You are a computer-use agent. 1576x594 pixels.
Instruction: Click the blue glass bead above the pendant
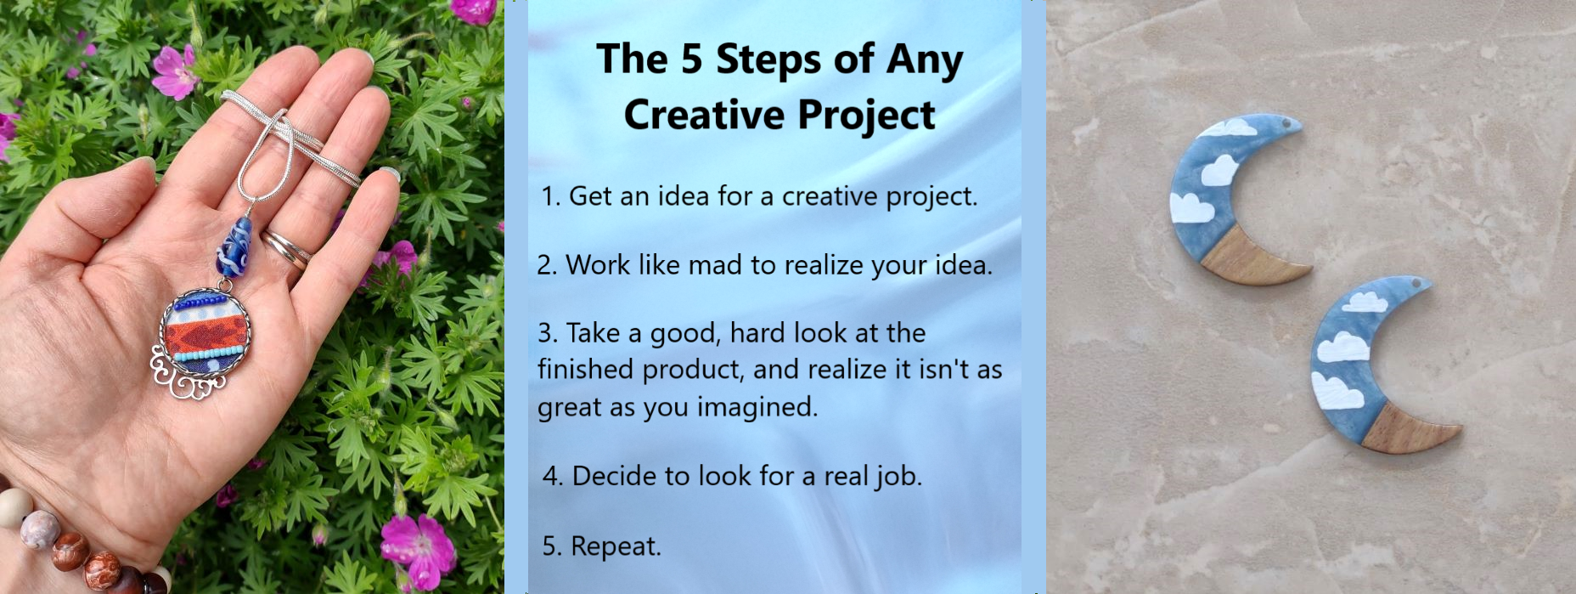(x=233, y=245)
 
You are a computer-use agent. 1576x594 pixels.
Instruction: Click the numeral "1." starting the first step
(x=550, y=197)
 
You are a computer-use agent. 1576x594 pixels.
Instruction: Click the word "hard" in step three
(x=757, y=333)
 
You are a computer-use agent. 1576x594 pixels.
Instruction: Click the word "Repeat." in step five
(x=616, y=546)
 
